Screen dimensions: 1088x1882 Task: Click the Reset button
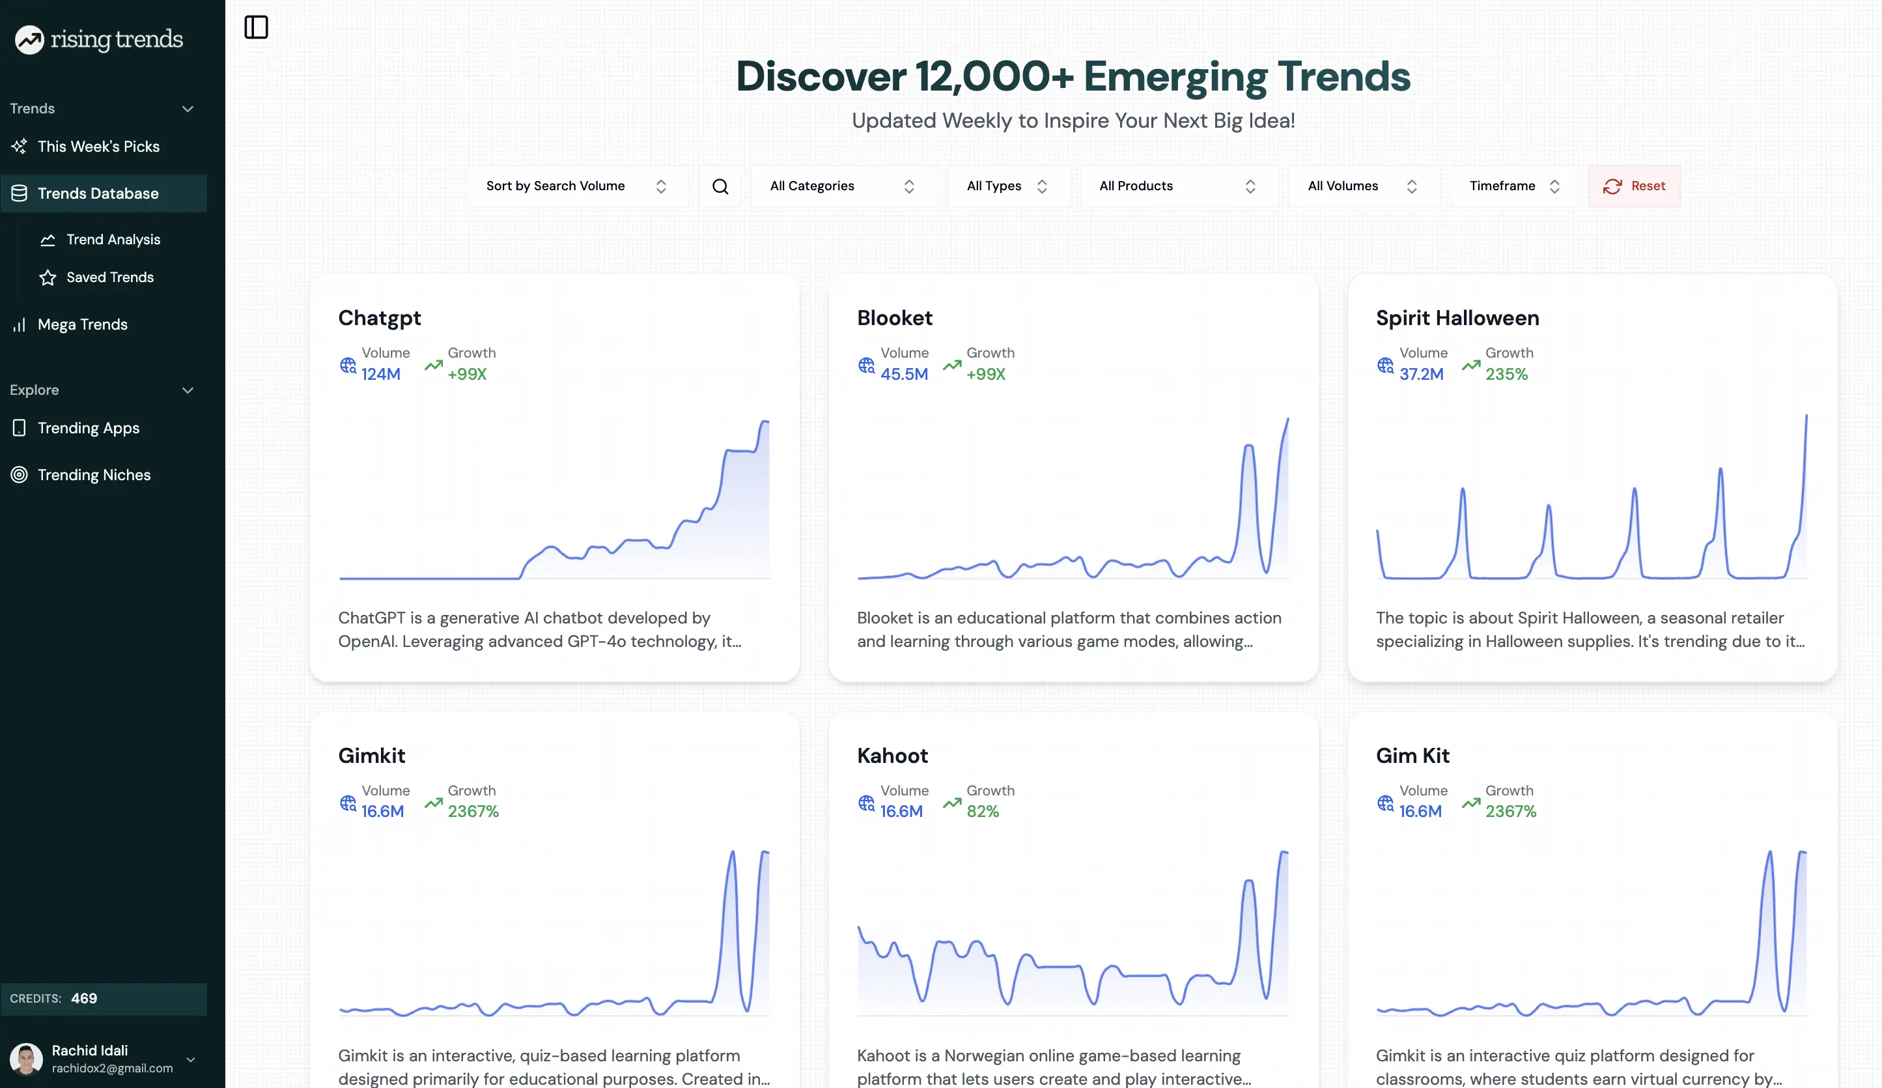(x=1634, y=186)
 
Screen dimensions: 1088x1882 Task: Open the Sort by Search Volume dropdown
(x=576, y=186)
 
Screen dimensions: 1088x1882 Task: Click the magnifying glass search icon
(x=720, y=186)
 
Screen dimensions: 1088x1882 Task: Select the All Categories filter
(x=843, y=186)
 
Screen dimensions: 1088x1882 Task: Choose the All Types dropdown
(x=1007, y=186)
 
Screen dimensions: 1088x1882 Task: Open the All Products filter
(x=1178, y=186)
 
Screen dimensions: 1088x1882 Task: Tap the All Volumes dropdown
(x=1362, y=186)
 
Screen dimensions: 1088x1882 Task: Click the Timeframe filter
(x=1514, y=186)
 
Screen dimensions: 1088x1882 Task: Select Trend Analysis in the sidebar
(x=113, y=239)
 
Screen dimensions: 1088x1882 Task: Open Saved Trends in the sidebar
(x=110, y=278)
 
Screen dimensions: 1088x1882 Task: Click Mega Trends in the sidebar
(x=82, y=324)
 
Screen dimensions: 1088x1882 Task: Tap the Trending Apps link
(x=88, y=428)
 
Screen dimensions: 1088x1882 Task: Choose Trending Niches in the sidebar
(x=94, y=475)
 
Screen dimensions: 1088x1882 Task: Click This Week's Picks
(x=98, y=147)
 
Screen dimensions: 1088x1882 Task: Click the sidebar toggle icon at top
(x=256, y=27)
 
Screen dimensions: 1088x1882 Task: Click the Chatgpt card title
(x=380, y=319)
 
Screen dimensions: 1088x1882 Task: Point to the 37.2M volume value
(x=1421, y=375)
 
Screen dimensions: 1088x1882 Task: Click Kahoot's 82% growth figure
(x=982, y=812)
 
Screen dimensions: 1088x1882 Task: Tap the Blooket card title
(x=895, y=319)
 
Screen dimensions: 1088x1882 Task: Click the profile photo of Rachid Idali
(x=26, y=1059)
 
